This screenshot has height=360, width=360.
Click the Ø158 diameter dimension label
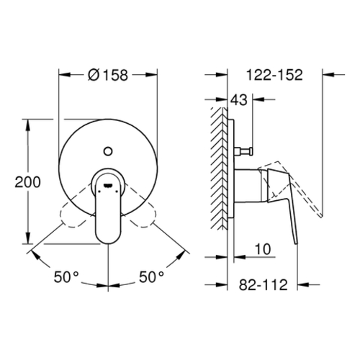pos(108,75)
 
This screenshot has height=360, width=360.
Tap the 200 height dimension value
pos(27,182)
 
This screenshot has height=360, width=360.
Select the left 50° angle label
pos(66,276)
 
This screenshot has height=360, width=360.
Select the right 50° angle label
pos(152,276)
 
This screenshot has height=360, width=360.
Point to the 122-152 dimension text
pos(274,75)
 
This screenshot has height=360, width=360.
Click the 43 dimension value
pos(239,99)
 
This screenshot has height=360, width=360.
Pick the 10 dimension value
pos(263,249)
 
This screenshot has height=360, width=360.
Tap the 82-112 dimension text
pos(263,285)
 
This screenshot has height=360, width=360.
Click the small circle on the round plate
pos(108,151)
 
